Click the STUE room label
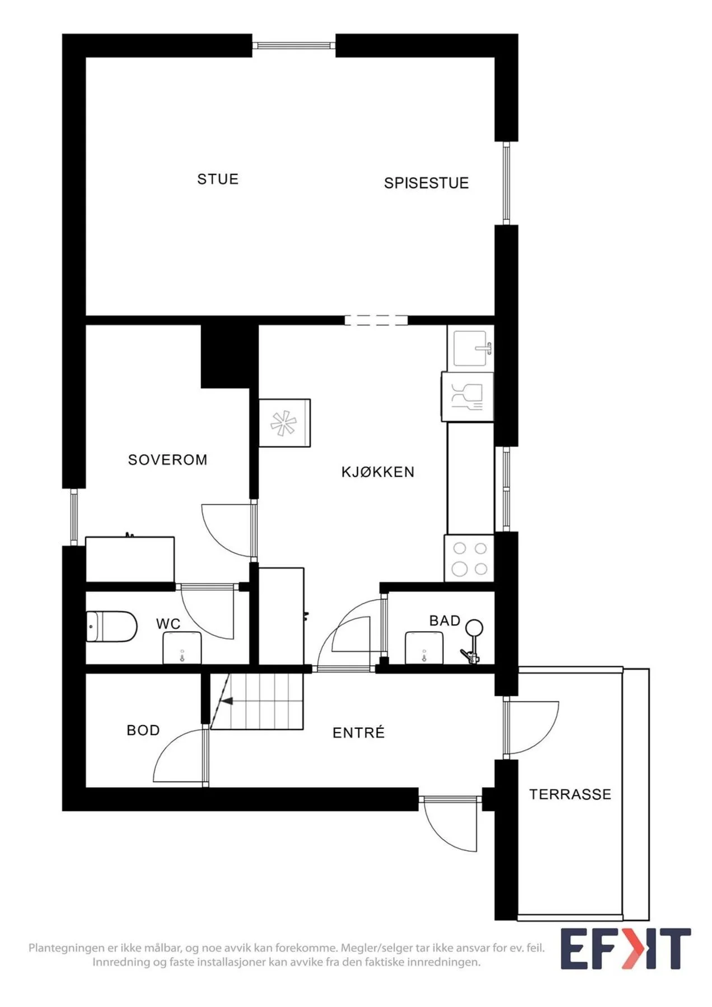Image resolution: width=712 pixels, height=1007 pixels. pyautogui.click(x=218, y=179)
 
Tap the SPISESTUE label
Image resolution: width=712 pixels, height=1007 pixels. pyautogui.click(x=426, y=183)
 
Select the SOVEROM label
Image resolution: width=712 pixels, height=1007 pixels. pyautogui.click(x=168, y=460)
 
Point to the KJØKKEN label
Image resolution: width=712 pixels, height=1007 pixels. pyautogui.click(x=378, y=472)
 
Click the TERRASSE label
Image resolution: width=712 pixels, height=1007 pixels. pyautogui.click(x=570, y=794)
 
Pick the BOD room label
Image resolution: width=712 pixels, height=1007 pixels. pyautogui.click(x=143, y=730)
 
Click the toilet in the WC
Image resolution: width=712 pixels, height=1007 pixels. pyautogui.click(x=111, y=627)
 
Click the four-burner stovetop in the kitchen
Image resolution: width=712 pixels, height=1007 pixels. pyautogui.click(x=470, y=558)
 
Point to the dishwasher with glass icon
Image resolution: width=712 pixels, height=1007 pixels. pyautogui.click(x=467, y=397)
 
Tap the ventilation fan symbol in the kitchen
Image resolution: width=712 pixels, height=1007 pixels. pyautogui.click(x=284, y=423)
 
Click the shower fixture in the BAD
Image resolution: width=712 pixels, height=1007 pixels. pyautogui.click(x=472, y=641)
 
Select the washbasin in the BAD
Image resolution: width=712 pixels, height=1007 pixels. pyautogui.click(x=424, y=648)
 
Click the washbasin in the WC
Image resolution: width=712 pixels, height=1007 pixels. pyautogui.click(x=182, y=648)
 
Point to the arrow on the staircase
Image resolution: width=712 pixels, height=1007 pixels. pyautogui.click(x=227, y=700)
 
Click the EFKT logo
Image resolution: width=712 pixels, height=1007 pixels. pyautogui.click(x=626, y=949)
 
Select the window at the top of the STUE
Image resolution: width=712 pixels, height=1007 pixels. pyautogui.click(x=294, y=45)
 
